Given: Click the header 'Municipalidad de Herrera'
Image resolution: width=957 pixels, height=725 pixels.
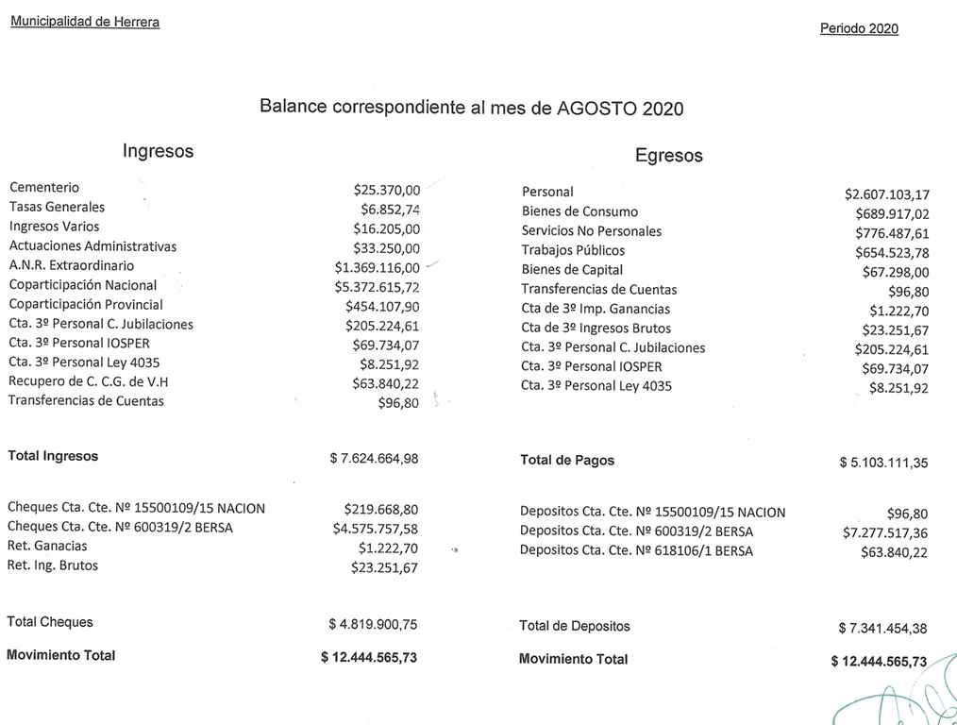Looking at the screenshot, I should [85, 22].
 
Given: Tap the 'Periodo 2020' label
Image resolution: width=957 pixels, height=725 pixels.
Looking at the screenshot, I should [859, 29].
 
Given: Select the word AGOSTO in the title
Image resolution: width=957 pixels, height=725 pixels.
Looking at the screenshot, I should [596, 108].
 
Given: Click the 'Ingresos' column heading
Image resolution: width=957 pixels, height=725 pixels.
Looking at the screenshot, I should [158, 151].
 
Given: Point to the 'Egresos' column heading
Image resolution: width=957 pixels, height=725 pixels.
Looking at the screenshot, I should [668, 156].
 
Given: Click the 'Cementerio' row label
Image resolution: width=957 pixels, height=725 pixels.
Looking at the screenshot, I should [44, 188].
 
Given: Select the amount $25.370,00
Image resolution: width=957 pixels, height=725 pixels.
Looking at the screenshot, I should [387, 190].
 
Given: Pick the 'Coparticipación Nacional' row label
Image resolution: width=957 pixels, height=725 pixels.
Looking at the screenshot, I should [83, 285].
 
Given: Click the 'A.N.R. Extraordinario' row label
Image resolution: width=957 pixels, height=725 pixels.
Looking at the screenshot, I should [72, 265].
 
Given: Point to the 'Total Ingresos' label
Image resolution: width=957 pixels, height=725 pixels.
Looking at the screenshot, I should [53, 456].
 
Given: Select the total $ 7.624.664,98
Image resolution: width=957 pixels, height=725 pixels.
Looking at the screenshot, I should [374, 459].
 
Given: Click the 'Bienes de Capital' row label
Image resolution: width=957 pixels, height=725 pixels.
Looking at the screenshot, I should [572, 270].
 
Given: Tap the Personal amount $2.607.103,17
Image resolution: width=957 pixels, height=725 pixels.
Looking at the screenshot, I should [886, 194].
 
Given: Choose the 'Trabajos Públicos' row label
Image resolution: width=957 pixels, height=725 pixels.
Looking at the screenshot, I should [573, 250].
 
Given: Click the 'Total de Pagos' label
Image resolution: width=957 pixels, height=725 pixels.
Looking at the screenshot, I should [567, 461].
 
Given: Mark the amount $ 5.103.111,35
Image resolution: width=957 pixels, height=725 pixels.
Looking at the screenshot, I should [883, 463].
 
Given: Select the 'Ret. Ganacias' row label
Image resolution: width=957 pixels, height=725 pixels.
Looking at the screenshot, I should [47, 546].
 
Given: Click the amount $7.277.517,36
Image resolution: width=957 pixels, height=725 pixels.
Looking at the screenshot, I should [885, 533].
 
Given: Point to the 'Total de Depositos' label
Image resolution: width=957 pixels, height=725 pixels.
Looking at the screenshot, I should [575, 626].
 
